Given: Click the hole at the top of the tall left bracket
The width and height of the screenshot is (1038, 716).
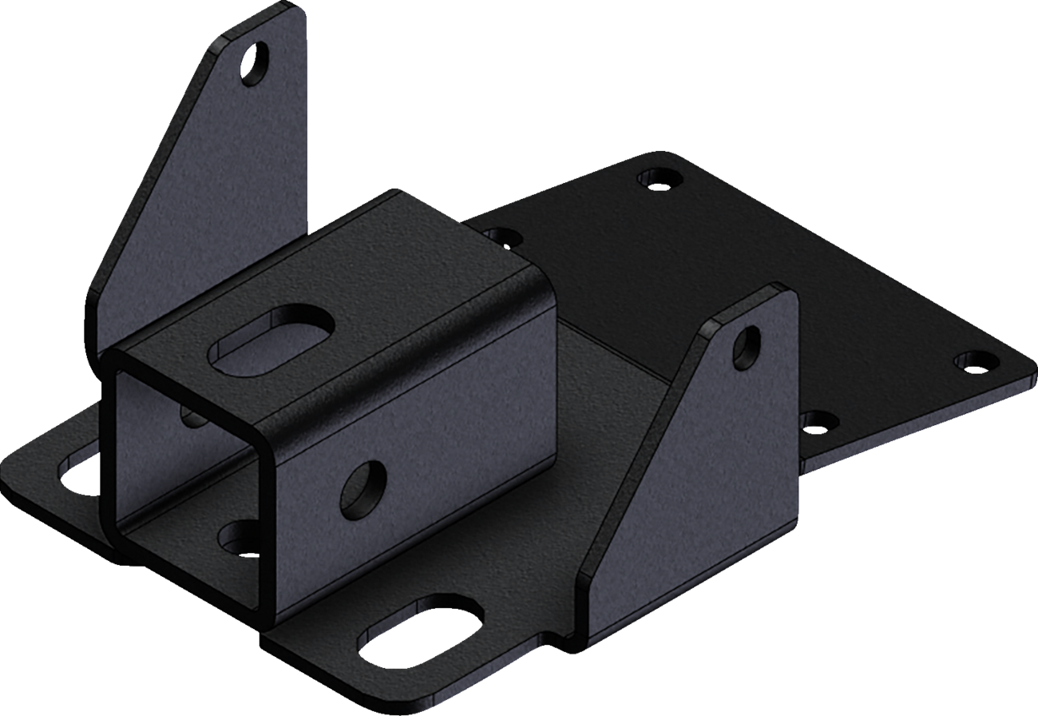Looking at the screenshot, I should coord(256,65).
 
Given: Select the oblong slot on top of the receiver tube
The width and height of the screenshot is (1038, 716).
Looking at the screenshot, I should coord(271,339).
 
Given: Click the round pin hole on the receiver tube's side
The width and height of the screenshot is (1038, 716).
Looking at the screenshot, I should coord(364,487).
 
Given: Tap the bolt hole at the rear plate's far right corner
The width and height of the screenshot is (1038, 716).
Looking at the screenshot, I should coord(975,360).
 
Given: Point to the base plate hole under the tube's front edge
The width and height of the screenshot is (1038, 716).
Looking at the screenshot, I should coord(238,537).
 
